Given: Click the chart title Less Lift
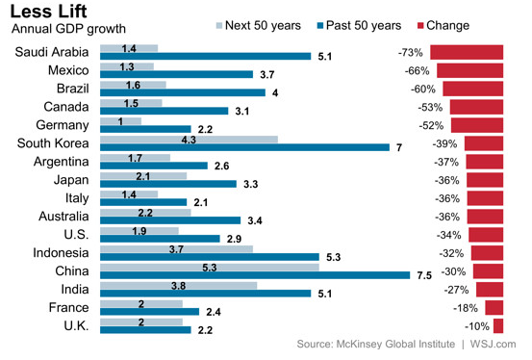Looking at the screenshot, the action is [x=48, y=11].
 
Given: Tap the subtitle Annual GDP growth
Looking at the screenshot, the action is [x=68, y=29].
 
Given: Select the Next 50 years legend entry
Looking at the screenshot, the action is [x=259, y=25].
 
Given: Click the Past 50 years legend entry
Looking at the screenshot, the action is [x=359, y=25].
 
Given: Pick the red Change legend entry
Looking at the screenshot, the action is [x=443, y=25].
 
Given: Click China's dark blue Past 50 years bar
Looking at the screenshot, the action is [x=255, y=275].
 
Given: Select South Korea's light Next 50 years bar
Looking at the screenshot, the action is [x=189, y=140].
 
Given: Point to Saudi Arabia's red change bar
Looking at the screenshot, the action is [x=467, y=52].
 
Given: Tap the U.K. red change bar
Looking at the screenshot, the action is [x=498, y=326].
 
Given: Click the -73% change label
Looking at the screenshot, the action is [x=411, y=53].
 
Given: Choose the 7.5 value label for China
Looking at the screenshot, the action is [x=424, y=275].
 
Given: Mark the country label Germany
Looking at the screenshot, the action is [x=63, y=125].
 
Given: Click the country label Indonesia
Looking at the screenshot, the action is [x=61, y=253].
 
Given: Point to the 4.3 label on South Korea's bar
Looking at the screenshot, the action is [x=189, y=140].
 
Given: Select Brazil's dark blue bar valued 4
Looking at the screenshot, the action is [x=183, y=92].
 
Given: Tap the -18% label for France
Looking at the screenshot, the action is [x=466, y=308].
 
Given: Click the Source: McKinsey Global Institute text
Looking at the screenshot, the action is [x=376, y=344].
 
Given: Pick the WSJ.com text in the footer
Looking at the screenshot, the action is [x=493, y=344].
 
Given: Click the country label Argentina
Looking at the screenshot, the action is [x=61, y=162].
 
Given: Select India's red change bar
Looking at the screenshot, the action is [x=490, y=290].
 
